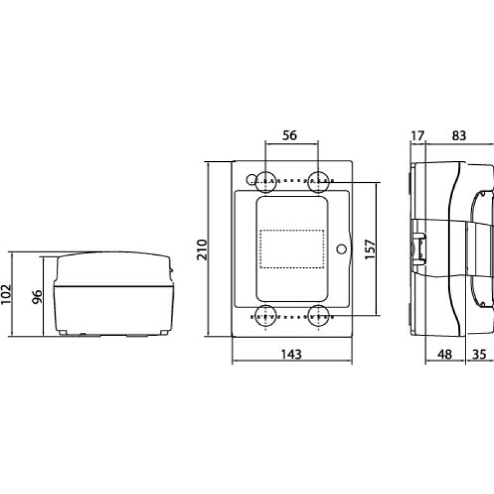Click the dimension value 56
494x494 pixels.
289,135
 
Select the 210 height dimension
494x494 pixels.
202,249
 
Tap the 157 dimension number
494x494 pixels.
370,249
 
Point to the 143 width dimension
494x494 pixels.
291,354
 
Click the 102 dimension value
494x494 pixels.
6,295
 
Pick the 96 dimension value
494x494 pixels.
37,297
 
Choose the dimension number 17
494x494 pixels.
418,135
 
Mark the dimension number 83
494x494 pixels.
459,135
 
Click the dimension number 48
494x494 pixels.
445,354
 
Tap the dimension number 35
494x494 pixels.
480,354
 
